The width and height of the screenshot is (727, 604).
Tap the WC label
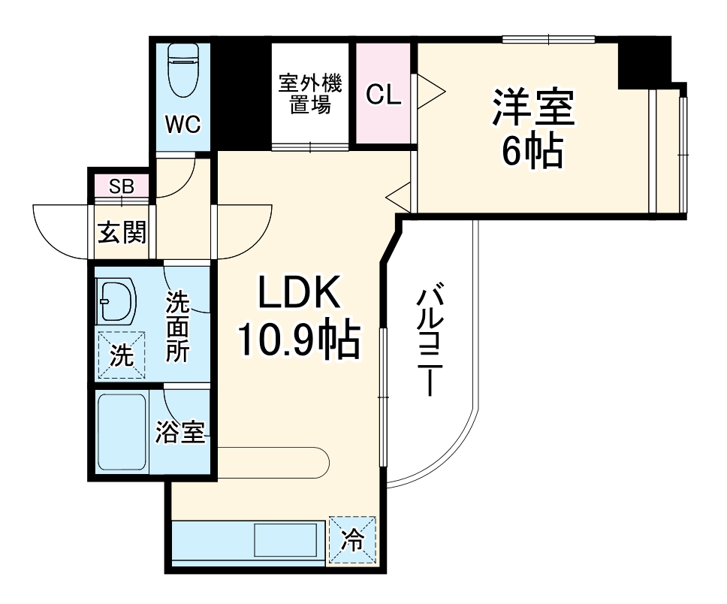183,125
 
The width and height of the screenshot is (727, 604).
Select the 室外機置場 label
309,93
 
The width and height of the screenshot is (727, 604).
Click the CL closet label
384,95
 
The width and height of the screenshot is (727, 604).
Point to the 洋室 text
533,108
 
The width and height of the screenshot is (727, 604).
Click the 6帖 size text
532,152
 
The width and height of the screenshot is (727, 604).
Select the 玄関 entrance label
122,234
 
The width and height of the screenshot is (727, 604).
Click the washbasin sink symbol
116,300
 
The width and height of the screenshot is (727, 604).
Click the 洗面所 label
178,328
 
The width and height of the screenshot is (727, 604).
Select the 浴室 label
180,433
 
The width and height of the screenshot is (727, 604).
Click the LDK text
300,293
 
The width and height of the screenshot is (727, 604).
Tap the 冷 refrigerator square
351,539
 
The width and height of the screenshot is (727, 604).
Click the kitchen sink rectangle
285,541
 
